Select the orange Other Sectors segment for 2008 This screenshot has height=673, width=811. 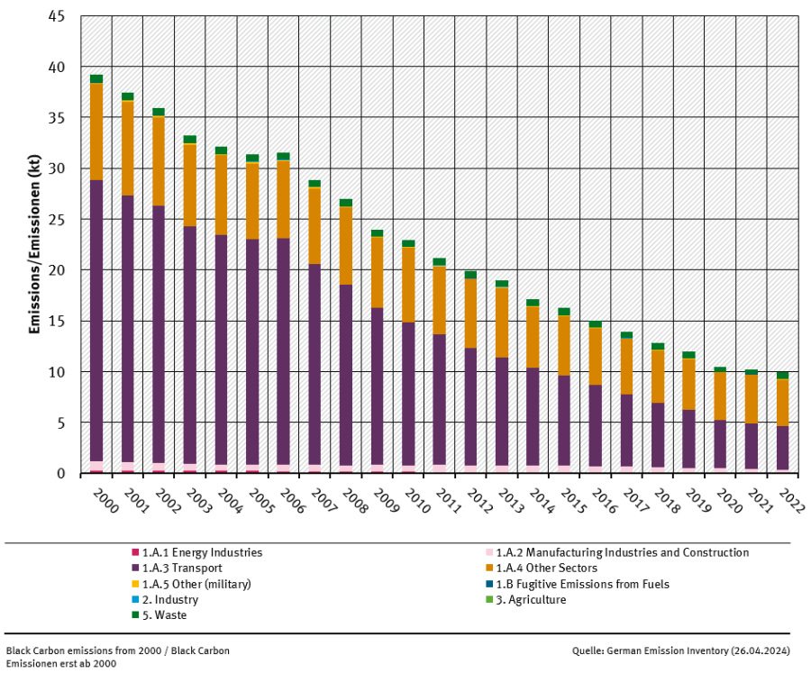click(x=346, y=245)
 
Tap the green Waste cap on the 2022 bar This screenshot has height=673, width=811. click(x=782, y=375)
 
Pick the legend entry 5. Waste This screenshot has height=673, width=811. click(x=166, y=615)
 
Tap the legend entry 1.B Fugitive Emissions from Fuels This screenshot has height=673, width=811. click(x=580, y=584)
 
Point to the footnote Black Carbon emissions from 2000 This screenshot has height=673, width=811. click(x=117, y=650)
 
